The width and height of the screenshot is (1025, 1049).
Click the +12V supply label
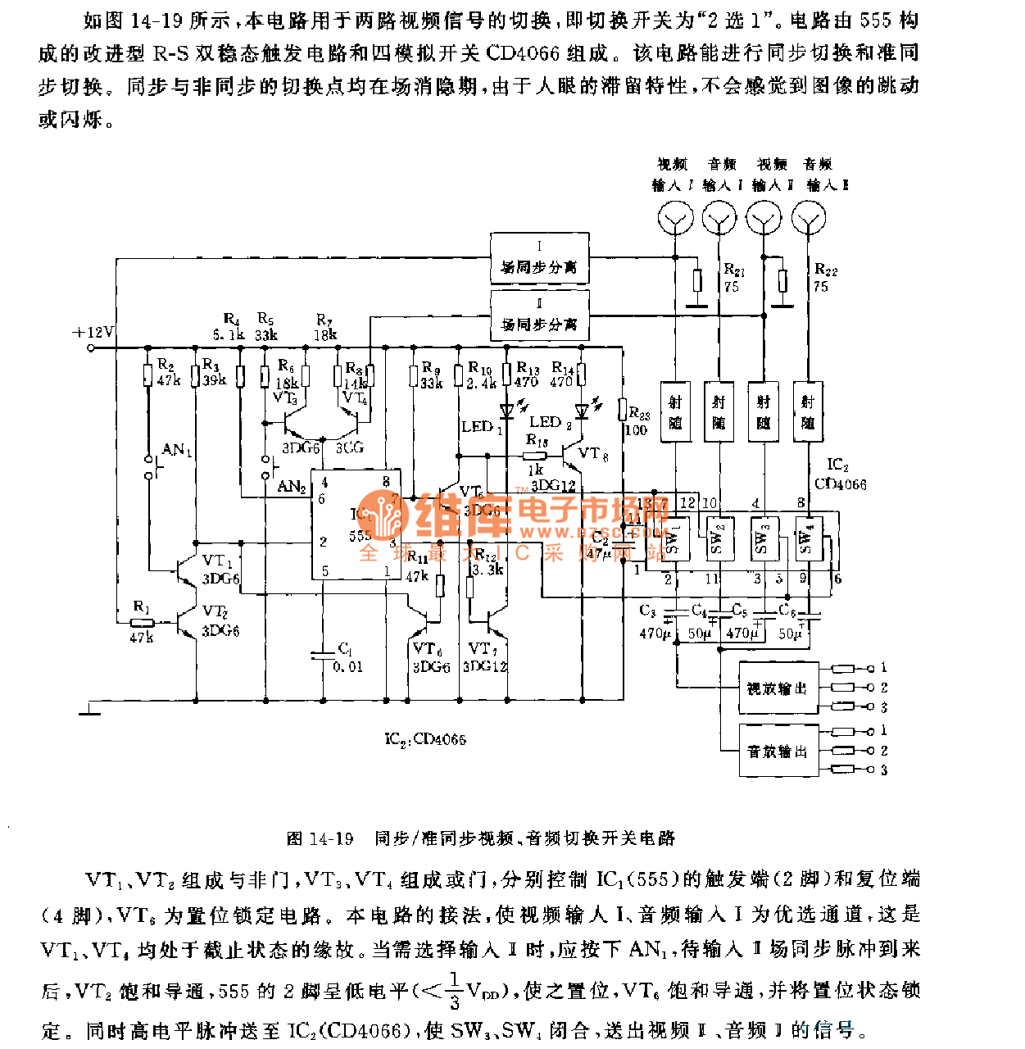[93, 332]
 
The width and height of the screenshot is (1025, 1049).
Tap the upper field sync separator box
[539, 258]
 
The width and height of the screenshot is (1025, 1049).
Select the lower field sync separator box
[539, 316]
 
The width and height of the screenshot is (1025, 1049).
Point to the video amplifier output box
[778, 688]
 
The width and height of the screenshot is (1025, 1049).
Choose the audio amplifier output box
[778, 751]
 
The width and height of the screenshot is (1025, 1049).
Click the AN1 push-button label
[177, 450]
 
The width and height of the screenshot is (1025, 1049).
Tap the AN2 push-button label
[291, 487]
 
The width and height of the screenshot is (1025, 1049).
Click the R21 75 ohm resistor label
[733, 278]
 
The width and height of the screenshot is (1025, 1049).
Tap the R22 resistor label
[824, 278]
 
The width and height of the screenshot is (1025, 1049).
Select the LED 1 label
[482, 427]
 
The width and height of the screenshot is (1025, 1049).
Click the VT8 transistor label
[593, 453]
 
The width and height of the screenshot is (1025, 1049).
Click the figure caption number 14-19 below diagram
[331, 838]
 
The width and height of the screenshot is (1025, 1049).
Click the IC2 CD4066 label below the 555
[425, 739]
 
